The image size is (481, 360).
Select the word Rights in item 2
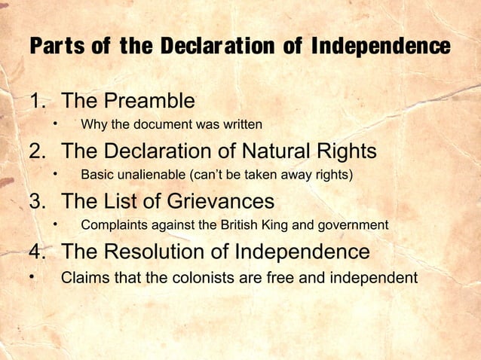pos(346,151)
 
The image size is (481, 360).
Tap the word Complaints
pos(115,224)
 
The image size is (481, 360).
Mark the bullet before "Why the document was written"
pos(55,123)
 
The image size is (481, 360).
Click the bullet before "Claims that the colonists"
pos(32,276)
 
